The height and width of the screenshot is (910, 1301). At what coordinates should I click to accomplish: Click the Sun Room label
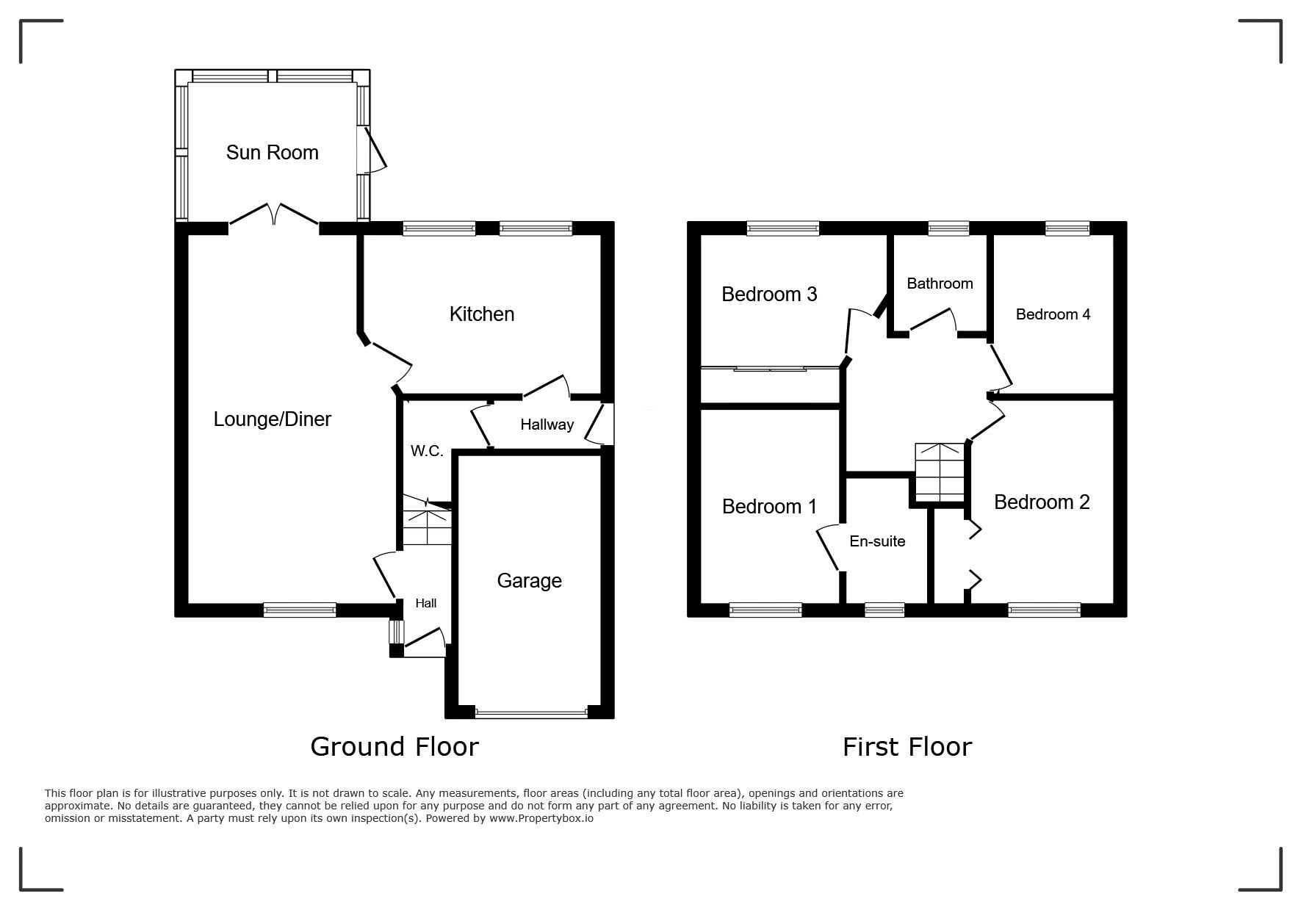pos(272,152)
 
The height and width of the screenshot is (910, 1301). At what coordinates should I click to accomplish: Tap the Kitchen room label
pos(482,314)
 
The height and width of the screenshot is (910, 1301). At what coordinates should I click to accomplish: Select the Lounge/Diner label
pos(273,419)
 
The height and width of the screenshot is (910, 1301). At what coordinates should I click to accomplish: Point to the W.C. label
pos(427,451)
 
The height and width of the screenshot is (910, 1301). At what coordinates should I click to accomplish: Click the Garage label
pos(530,581)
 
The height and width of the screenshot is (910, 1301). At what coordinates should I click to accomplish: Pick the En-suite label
pos(877,541)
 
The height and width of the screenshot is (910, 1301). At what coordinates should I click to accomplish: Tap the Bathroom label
pos(940,284)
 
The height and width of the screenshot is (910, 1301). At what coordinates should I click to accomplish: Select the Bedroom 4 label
pos(1053,314)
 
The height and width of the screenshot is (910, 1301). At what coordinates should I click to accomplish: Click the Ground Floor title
pos(394,746)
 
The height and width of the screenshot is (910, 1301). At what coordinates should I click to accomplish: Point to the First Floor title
pos(907,747)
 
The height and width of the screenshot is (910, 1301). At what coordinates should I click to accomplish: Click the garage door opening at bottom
pos(531,712)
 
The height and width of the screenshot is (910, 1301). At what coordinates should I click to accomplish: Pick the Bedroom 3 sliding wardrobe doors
pos(770,368)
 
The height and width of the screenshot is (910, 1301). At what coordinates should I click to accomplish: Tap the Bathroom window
pos(948,228)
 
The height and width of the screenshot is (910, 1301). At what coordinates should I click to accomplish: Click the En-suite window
pos(884,610)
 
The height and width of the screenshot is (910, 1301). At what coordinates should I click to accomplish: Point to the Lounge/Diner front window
pos(300,610)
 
